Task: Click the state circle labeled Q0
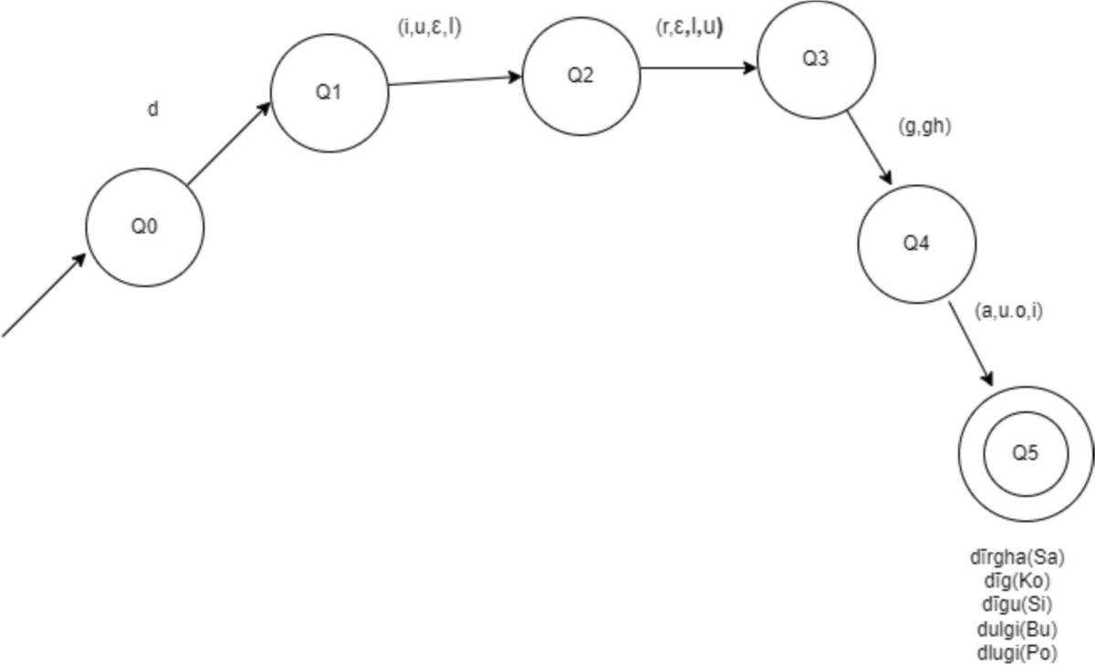[x=145, y=227]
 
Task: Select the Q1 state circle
[x=329, y=94]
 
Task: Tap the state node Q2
[x=581, y=75]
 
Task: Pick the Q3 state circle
[x=817, y=59]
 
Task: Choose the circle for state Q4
[x=916, y=244]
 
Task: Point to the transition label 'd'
[x=153, y=109]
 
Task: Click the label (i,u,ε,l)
[x=430, y=28]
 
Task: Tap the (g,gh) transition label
[x=925, y=128]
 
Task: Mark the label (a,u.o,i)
[x=1008, y=310]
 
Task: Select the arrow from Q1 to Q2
[x=455, y=80]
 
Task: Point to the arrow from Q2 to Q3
[x=699, y=68]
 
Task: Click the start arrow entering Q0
[x=44, y=295]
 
